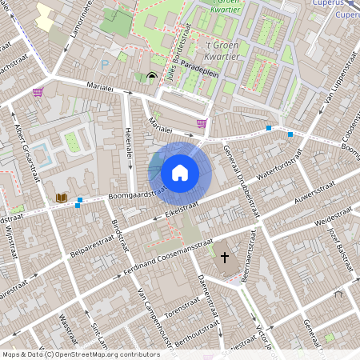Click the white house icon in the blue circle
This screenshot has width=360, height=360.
click(180, 172)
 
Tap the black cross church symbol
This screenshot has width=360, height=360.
click(225, 258)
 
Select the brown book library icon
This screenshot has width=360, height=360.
click(61, 198)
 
